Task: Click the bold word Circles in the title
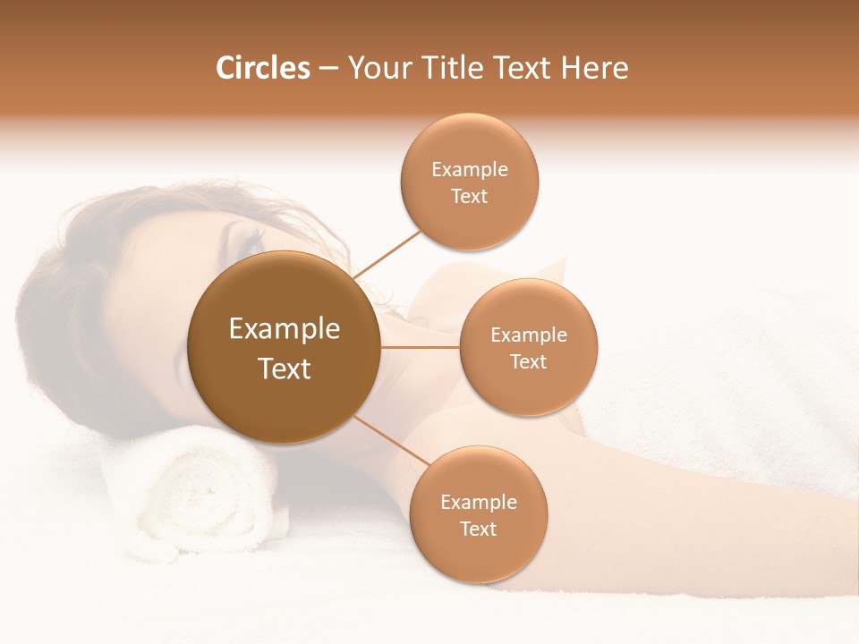pyautogui.click(x=262, y=68)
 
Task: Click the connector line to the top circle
pyautogui.click(x=387, y=253)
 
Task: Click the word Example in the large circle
pyautogui.click(x=284, y=329)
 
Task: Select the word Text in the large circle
pyautogui.click(x=284, y=369)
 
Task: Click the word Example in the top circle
pyautogui.click(x=470, y=170)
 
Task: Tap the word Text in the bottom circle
pyautogui.click(x=478, y=530)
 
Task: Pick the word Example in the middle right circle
pyautogui.click(x=529, y=335)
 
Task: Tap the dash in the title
pyautogui.click(x=328, y=69)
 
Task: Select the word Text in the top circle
pyautogui.click(x=470, y=197)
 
